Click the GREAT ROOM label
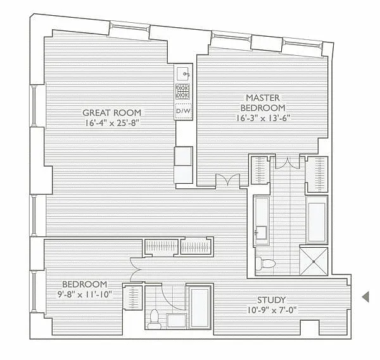pyautogui.click(x=111, y=113)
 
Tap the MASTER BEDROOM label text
pyautogui.click(x=263, y=103)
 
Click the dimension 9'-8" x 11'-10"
pyautogui.click(x=84, y=295)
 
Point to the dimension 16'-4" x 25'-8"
pyautogui.click(x=112, y=123)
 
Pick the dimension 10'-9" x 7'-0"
pyautogui.click(x=272, y=310)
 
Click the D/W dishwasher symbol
pyautogui.click(x=184, y=112)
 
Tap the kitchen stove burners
pyautogui.click(x=183, y=91)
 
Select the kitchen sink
pyautogui.click(x=184, y=74)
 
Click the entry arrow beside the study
pyautogui.click(x=365, y=297)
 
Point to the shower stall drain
pyautogui.click(x=313, y=262)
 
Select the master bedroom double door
pyautogui.click(x=228, y=180)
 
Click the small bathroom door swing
pyautogui.click(x=172, y=297)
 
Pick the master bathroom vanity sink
pyautogui.click(x=261, y=233)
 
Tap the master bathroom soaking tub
pyautogui.click(x=317, y=219)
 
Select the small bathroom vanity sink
pyautogui.click(x=177, y=321)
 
